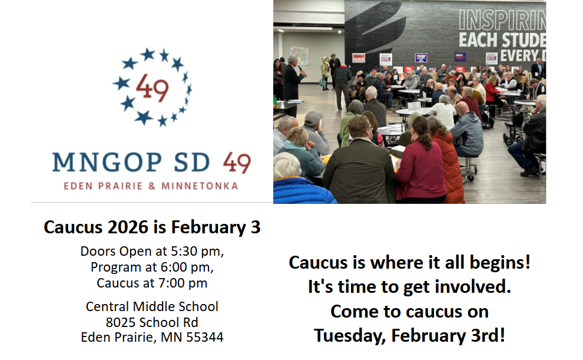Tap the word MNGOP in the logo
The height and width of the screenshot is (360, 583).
(107, 163)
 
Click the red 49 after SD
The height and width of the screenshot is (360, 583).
(237, 163)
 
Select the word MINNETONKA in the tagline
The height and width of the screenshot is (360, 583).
(199, 186)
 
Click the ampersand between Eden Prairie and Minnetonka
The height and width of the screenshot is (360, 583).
(152, 186)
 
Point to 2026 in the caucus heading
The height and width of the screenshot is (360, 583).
(128, 227)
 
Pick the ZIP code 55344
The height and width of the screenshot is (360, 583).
(205, 337)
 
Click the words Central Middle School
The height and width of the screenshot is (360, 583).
(152, 306)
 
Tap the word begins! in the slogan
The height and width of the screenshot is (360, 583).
(500, 263)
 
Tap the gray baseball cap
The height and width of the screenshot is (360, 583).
(313, 118)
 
